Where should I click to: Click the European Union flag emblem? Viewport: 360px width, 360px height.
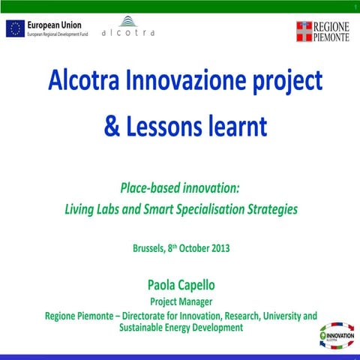pyautogui.click(x=14, y=29)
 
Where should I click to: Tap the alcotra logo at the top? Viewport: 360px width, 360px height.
pyautogui.click(x=128, y=28)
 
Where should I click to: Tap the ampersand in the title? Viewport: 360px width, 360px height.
pyautogui.click(x=111, y=126)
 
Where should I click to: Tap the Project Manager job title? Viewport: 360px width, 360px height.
pyautogui.click(x=179, y=301)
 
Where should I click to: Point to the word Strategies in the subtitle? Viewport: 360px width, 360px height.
pyautogui.click(x=271, y=210)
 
